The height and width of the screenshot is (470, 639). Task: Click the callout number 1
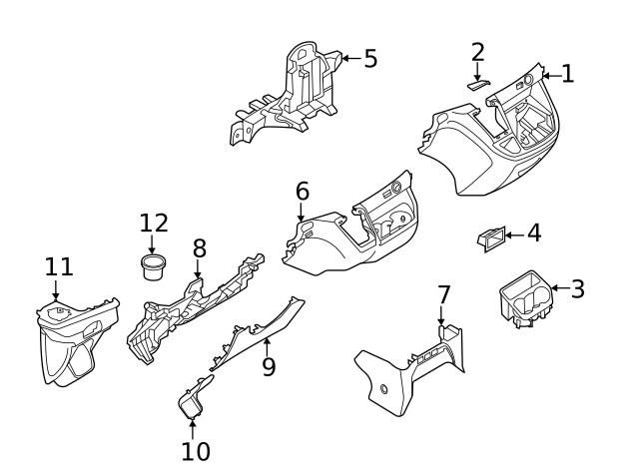point(567,74)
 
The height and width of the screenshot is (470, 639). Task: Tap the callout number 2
point(478,52)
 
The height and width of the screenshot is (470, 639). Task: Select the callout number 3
point(577,289)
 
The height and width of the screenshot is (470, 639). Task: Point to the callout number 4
point(533,234)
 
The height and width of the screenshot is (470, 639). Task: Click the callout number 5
point(369,59)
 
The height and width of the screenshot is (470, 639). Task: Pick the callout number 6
point(302,191)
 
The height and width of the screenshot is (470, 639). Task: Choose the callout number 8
point(199,247)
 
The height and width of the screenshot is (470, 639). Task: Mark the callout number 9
point(268,366)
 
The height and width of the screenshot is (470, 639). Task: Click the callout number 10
point(196,450)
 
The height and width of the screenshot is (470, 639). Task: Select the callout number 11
point(59,267)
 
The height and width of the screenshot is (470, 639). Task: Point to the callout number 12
point(154,223)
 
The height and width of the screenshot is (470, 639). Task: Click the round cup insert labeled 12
point(153,266)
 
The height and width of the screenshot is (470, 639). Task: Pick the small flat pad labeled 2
point(477,86)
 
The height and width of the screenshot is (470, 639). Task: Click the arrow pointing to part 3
point(555,289)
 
